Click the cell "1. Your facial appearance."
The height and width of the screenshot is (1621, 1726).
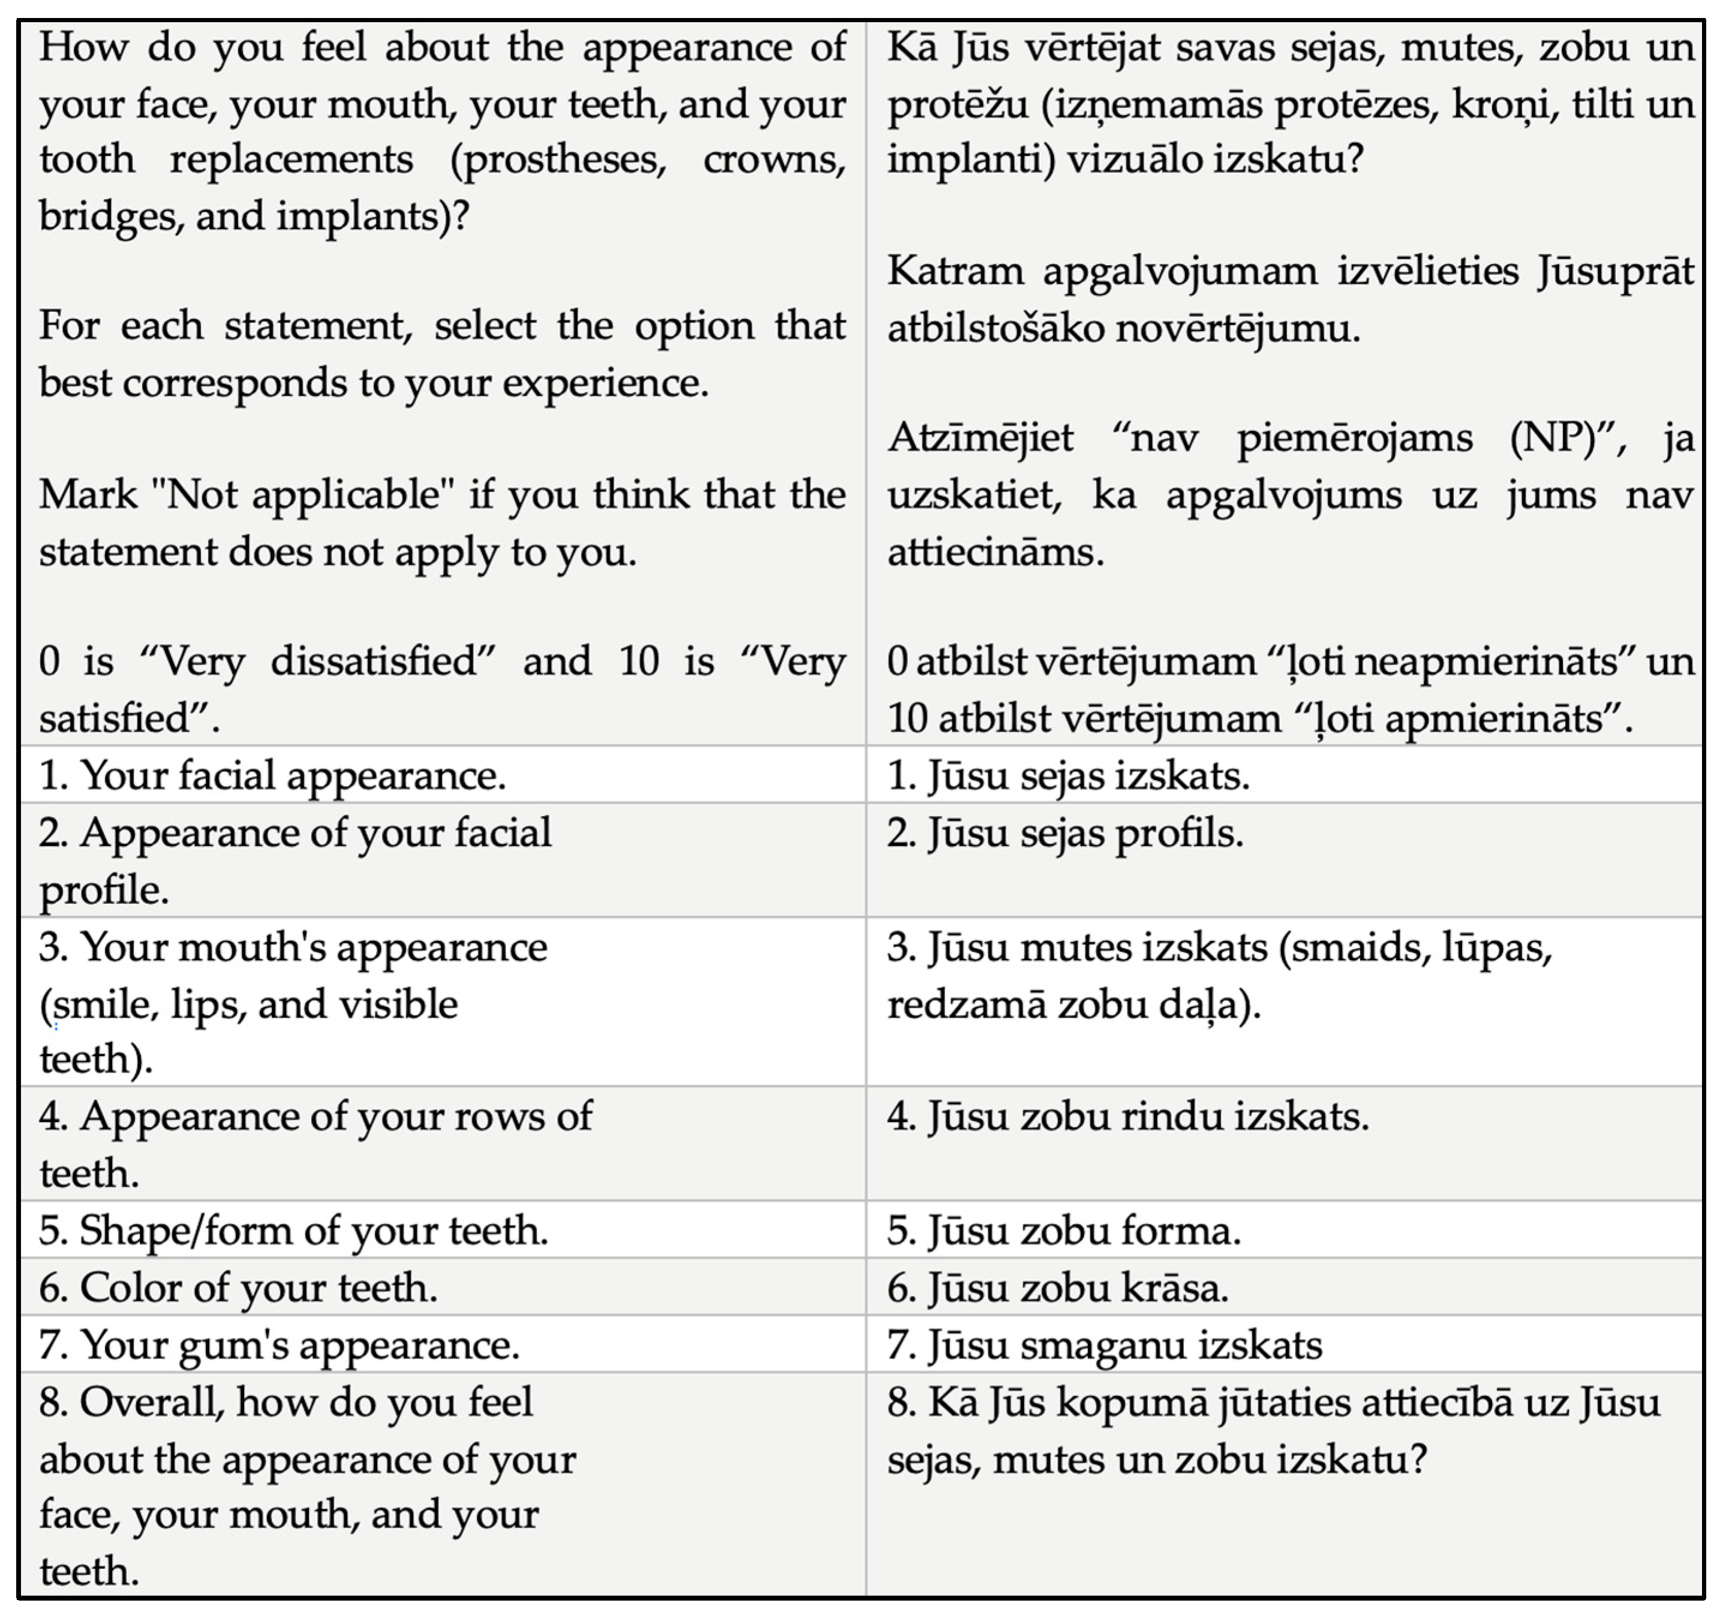(272, 775)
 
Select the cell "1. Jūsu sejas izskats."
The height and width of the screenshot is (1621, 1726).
(1068, 775)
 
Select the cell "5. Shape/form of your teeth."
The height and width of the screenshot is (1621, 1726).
(293, 1231)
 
